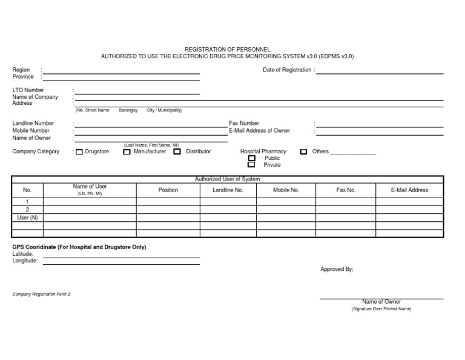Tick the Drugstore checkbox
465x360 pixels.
coord(79,152)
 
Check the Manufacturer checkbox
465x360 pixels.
coord(127,152)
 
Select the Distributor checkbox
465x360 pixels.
coord(177,152)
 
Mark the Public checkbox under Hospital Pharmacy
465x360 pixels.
coord(252,158)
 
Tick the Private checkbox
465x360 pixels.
coord(252,165)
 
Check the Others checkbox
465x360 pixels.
coord(304,152)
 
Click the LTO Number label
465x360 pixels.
coord(28,90)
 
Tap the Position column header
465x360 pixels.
coord(168,190)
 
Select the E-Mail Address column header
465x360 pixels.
coord(410,190)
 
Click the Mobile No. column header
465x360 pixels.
coord(286,190)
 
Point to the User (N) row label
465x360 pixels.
coord(27,218)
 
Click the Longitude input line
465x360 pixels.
coord(121,264)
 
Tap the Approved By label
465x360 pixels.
coord(337,270)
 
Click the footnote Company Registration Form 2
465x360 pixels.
coord(42,294)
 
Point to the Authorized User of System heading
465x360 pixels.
coord(227,179)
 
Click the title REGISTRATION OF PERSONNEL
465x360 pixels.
coord(227,49)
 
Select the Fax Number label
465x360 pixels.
coord(244,124)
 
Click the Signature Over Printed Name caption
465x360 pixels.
coord(381,309)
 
